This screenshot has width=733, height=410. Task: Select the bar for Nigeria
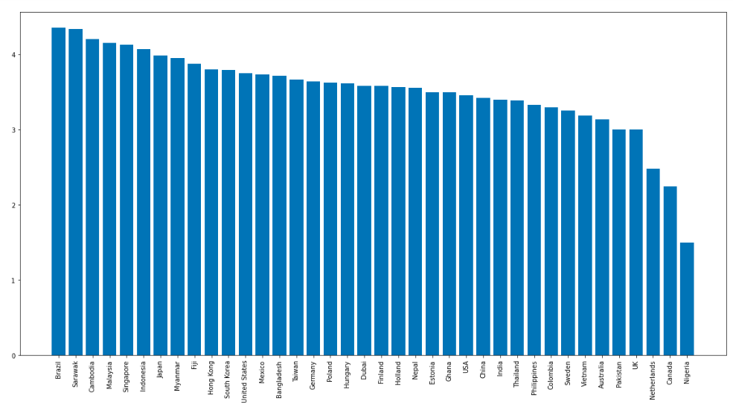coord(687,298)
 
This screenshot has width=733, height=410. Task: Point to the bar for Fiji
coord(194,209)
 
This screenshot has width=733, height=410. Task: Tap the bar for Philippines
coord(534,230)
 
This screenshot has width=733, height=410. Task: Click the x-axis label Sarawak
coord(75,374)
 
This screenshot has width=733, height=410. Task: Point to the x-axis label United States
coord(245,382)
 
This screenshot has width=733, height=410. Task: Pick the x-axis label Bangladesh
coord(279,379)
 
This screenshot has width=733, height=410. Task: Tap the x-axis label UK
coord(636,366)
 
